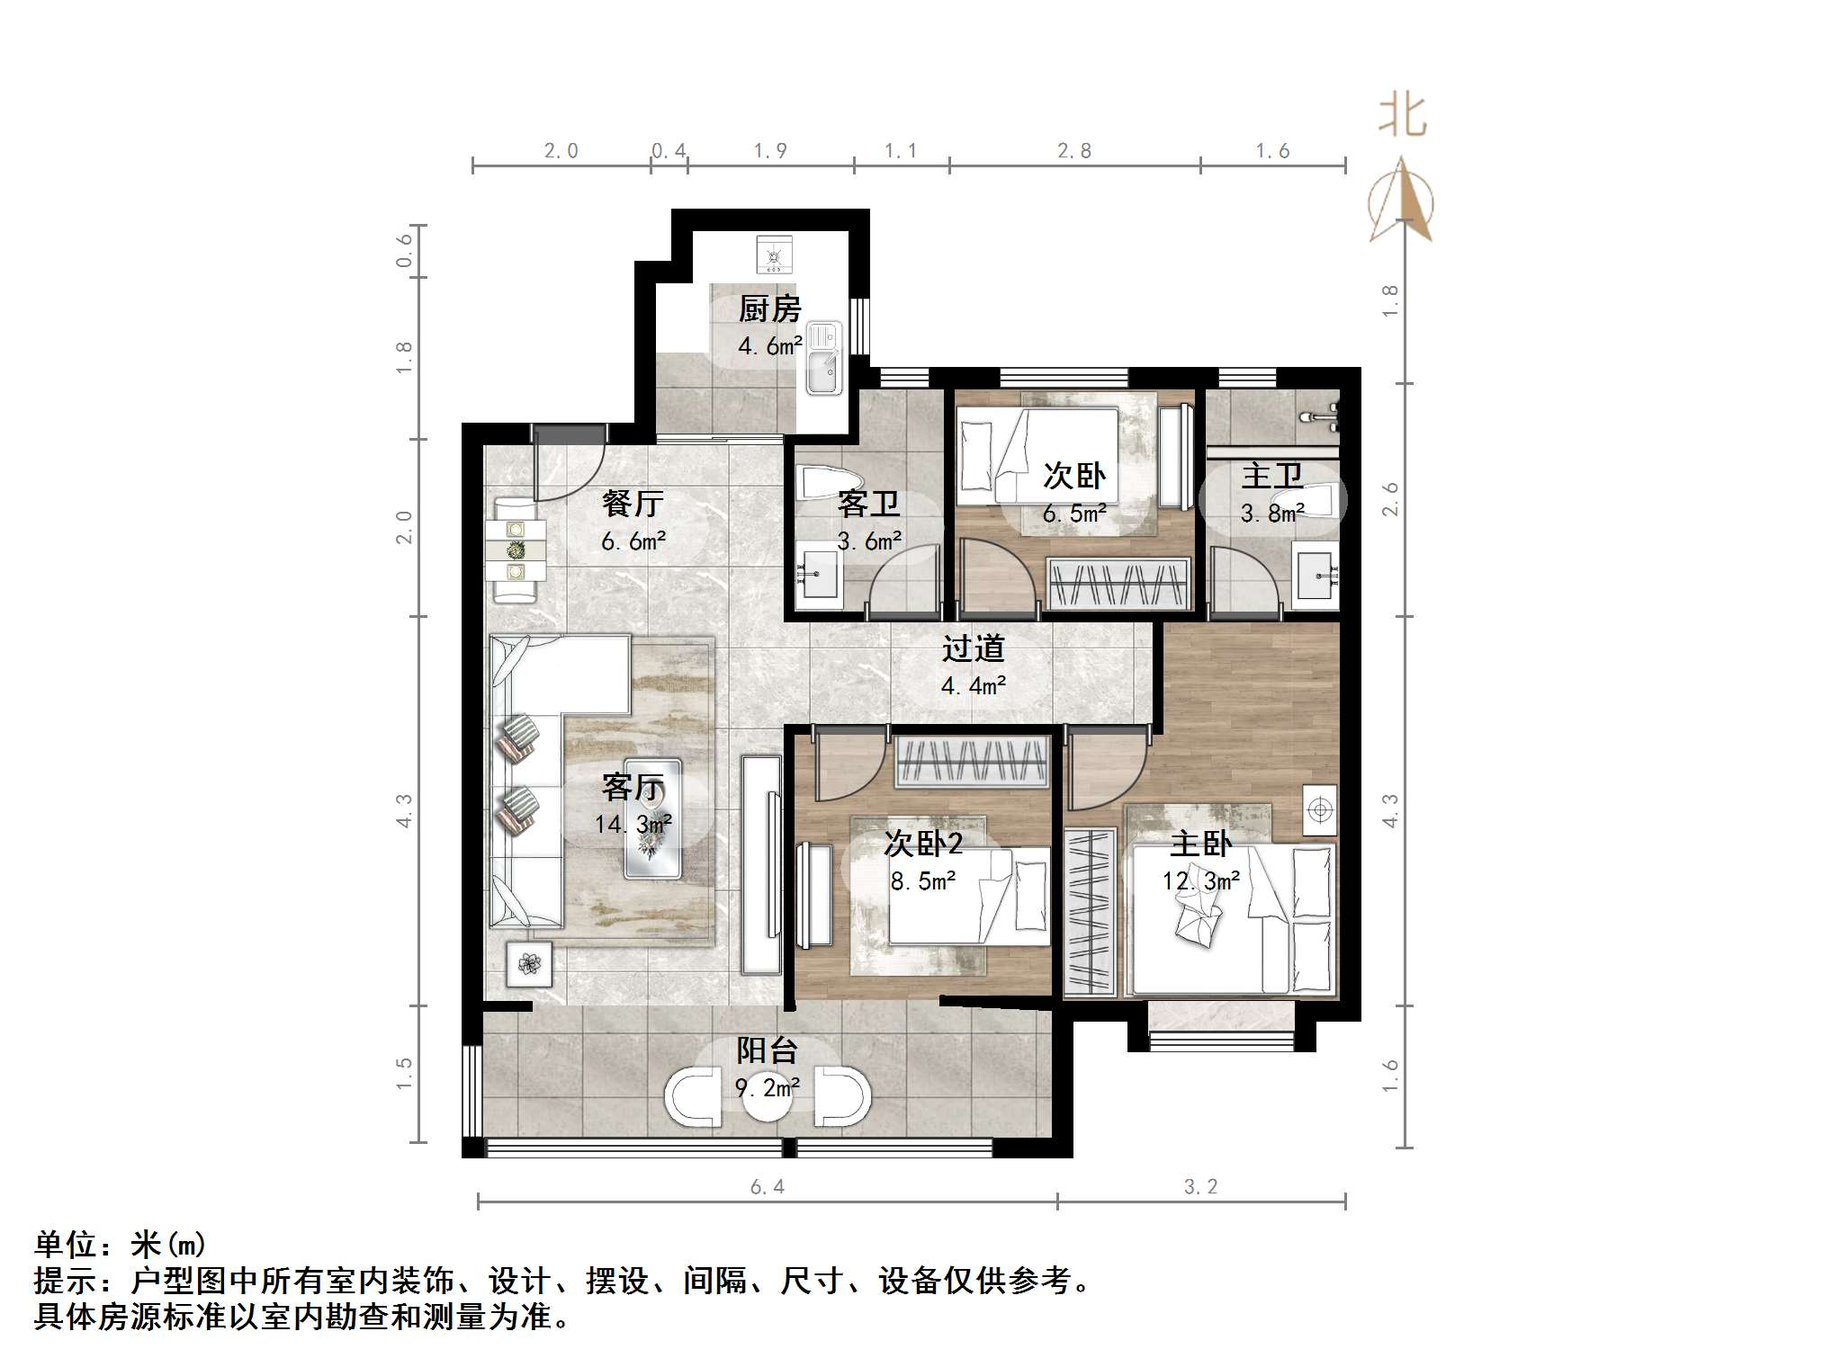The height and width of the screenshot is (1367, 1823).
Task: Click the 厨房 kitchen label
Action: [x=769, y=309]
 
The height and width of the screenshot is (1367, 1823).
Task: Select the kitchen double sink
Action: [x=823, y=358]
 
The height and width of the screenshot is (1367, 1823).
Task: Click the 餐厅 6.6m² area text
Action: [x=633, y=541]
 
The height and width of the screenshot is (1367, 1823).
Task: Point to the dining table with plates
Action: [x=515, y=549]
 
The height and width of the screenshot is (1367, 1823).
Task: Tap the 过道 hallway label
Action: [x=973, y=648]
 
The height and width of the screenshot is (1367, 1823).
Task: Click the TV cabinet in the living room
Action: [x=762, y=864]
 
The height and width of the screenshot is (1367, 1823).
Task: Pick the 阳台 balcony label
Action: [x=767, y=1050]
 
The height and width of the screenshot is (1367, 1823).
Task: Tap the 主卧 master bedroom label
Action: [x=1200, y=844]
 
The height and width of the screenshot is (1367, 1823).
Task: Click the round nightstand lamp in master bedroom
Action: [x=1319, y=810]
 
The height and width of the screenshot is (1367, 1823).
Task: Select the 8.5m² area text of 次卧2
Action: [x=923, y=881]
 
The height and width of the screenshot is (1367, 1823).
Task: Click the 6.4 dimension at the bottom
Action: [x=768, y=1187]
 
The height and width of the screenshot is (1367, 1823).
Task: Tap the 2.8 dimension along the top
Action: [x=1074, y=151]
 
